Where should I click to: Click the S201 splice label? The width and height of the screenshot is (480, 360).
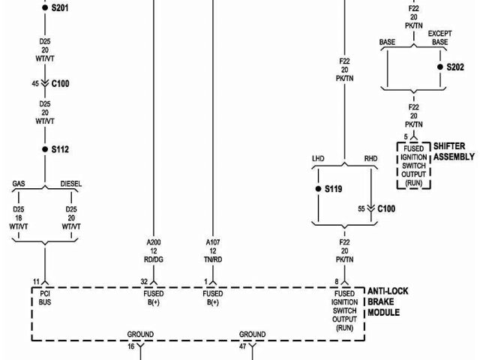pos(59,7)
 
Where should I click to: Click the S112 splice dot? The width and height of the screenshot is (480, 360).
pos(44,149)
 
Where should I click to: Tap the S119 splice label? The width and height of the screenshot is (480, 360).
pos(334,188)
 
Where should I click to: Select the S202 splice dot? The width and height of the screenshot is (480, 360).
pos(440,67)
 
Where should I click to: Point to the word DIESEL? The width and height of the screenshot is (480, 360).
pos(71,184)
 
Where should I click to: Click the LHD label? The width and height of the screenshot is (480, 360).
pos(319,159)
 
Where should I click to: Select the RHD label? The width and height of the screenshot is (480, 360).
pos(370,159)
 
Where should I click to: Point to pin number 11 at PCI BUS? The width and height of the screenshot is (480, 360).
pos(35,280)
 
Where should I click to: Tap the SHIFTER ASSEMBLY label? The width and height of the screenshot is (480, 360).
pos(454,151)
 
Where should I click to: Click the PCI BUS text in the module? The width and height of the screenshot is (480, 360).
pos(45,298)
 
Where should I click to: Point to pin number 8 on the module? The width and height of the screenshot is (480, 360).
pos(336,280)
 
